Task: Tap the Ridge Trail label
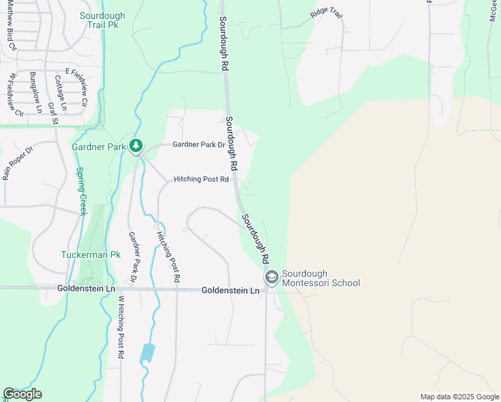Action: [x=326, y=13]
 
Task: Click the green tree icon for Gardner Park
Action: [x=136, y=145]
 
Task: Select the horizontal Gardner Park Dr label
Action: [x=199, y=144]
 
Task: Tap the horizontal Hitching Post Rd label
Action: [x=201, y=179]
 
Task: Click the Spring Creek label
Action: [x=80, y=191]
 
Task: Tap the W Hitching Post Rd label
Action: [x=121, y=328]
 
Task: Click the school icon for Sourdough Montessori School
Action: [x=272, y=277]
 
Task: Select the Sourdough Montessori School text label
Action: [x=321, y=278]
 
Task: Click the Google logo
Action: [x=22, y=394]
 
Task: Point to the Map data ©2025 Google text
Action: [x=459, y=397]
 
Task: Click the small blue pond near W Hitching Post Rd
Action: [x=147, y=353]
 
